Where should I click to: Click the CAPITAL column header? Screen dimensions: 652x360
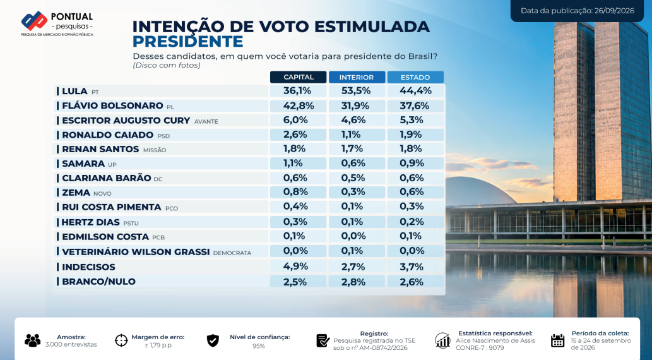(298, 77)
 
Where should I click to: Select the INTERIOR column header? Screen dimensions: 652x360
(357, 77)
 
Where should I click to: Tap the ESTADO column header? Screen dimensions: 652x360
(415, 77)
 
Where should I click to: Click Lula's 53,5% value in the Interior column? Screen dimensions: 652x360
(357, 91)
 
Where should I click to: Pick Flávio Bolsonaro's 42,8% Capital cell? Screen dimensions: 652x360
(298, 105)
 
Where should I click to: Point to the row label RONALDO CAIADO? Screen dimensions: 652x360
(108, 135)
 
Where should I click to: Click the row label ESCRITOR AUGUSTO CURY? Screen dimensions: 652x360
(126, 121)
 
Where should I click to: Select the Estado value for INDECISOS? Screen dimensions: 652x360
(412, 267)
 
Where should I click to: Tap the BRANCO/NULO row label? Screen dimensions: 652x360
(98, 282)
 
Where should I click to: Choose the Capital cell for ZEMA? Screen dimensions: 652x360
(295, 192)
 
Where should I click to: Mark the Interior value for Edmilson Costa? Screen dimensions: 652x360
(353, 236)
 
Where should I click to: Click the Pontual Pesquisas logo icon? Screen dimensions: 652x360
(35, 20)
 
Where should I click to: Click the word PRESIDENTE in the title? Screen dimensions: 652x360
(187, 42)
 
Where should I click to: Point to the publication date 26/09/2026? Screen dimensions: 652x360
(614, 11)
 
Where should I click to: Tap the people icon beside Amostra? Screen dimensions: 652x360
(32, 340)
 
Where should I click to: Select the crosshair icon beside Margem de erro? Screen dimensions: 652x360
(121, 340)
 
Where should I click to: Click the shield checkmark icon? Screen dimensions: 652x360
(213, 340)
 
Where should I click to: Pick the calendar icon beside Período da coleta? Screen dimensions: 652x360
(557, 340)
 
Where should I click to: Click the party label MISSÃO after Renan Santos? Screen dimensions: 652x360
(155, 150)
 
